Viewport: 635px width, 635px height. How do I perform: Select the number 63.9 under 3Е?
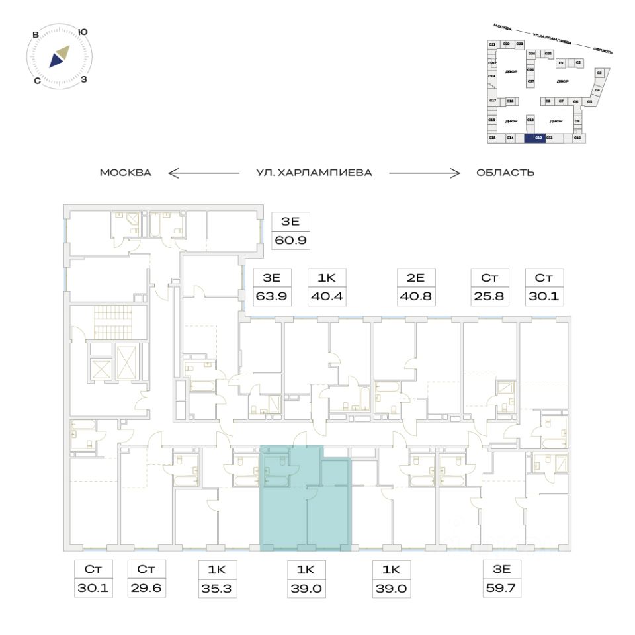point(273,296)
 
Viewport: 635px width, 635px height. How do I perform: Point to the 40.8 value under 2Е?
point(414,296)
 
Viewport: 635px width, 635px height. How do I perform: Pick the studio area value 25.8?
point(487,296)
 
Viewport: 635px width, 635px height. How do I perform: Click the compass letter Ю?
point(83,32)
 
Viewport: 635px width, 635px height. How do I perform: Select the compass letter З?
point(84,80)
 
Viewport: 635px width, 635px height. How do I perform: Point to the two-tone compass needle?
point(58,57)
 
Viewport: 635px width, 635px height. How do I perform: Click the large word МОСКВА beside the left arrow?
point(126,173)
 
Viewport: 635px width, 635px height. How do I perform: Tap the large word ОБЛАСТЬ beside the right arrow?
point(505,173)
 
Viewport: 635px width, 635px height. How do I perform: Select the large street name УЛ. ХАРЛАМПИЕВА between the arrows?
point(314,173)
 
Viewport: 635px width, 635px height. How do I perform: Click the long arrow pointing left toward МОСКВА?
point(204,173)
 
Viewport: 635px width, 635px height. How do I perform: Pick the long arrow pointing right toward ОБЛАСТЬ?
point(424,173)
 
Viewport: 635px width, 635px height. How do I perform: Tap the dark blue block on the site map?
point(534,138)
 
